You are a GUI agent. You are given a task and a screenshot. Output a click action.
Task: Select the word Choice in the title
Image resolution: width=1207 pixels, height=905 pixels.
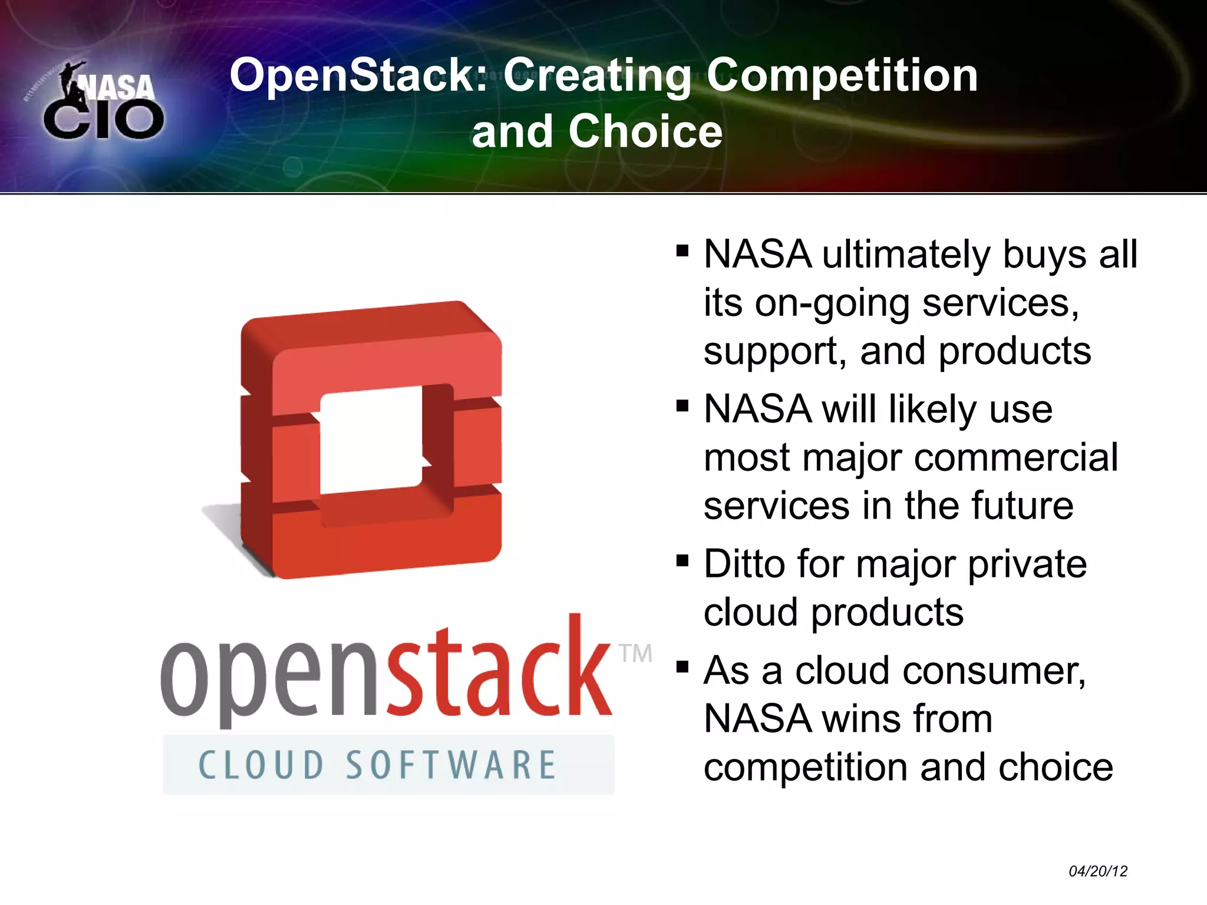click(x=645, y=131)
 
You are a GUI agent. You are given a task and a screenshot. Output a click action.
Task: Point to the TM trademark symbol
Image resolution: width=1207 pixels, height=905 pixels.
click(x=635, y=653)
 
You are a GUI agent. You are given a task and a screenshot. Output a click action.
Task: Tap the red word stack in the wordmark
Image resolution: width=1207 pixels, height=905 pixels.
click(x=498, y=672)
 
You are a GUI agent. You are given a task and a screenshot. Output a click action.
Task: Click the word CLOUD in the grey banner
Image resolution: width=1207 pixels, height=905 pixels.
click(x=261, y=765)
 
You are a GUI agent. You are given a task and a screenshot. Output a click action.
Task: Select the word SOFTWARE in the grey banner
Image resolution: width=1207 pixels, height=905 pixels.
click(x=451, y=765)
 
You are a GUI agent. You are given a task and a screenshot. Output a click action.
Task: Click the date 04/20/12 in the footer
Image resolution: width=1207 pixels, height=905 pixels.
click(x=1097, y=871)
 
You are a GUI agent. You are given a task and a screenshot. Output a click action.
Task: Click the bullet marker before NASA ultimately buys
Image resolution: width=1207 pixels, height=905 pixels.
click(x=682, y=252)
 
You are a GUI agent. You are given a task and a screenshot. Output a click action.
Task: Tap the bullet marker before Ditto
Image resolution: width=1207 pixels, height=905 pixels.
click(x=682, y=560)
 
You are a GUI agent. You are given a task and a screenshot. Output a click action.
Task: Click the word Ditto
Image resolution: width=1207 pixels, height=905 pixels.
click(x=744, y=564)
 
